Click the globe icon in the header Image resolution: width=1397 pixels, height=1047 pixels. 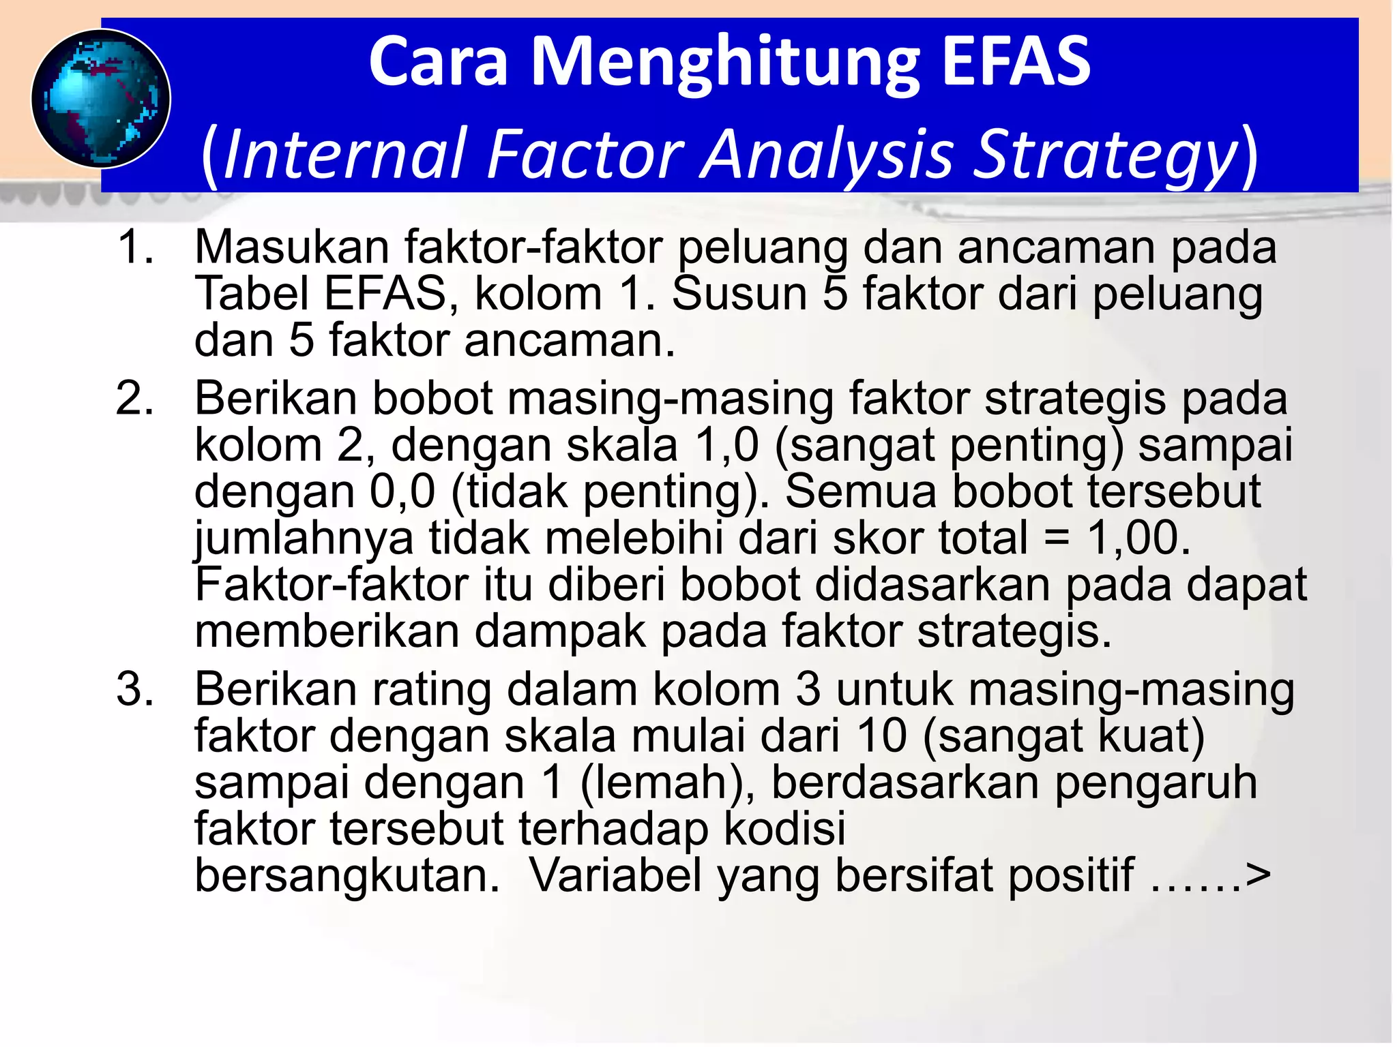click(x=101, y=99)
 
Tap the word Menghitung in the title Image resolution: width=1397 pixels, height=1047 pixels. click(x=725, y=63)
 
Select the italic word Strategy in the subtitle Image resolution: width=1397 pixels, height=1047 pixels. click(x=1104, y=155)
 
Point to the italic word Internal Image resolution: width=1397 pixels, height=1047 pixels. click(x=344, y=154)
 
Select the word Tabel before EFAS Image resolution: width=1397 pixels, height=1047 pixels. click(x=252, y=294)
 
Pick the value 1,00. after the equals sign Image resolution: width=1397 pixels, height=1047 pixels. click(x=1138, y=538)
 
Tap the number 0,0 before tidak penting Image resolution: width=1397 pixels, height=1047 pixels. click(x=402, y=491)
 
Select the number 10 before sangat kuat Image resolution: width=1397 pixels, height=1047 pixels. click(x=881, y=736)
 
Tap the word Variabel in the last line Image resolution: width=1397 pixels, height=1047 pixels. click(x=616, y=875)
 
